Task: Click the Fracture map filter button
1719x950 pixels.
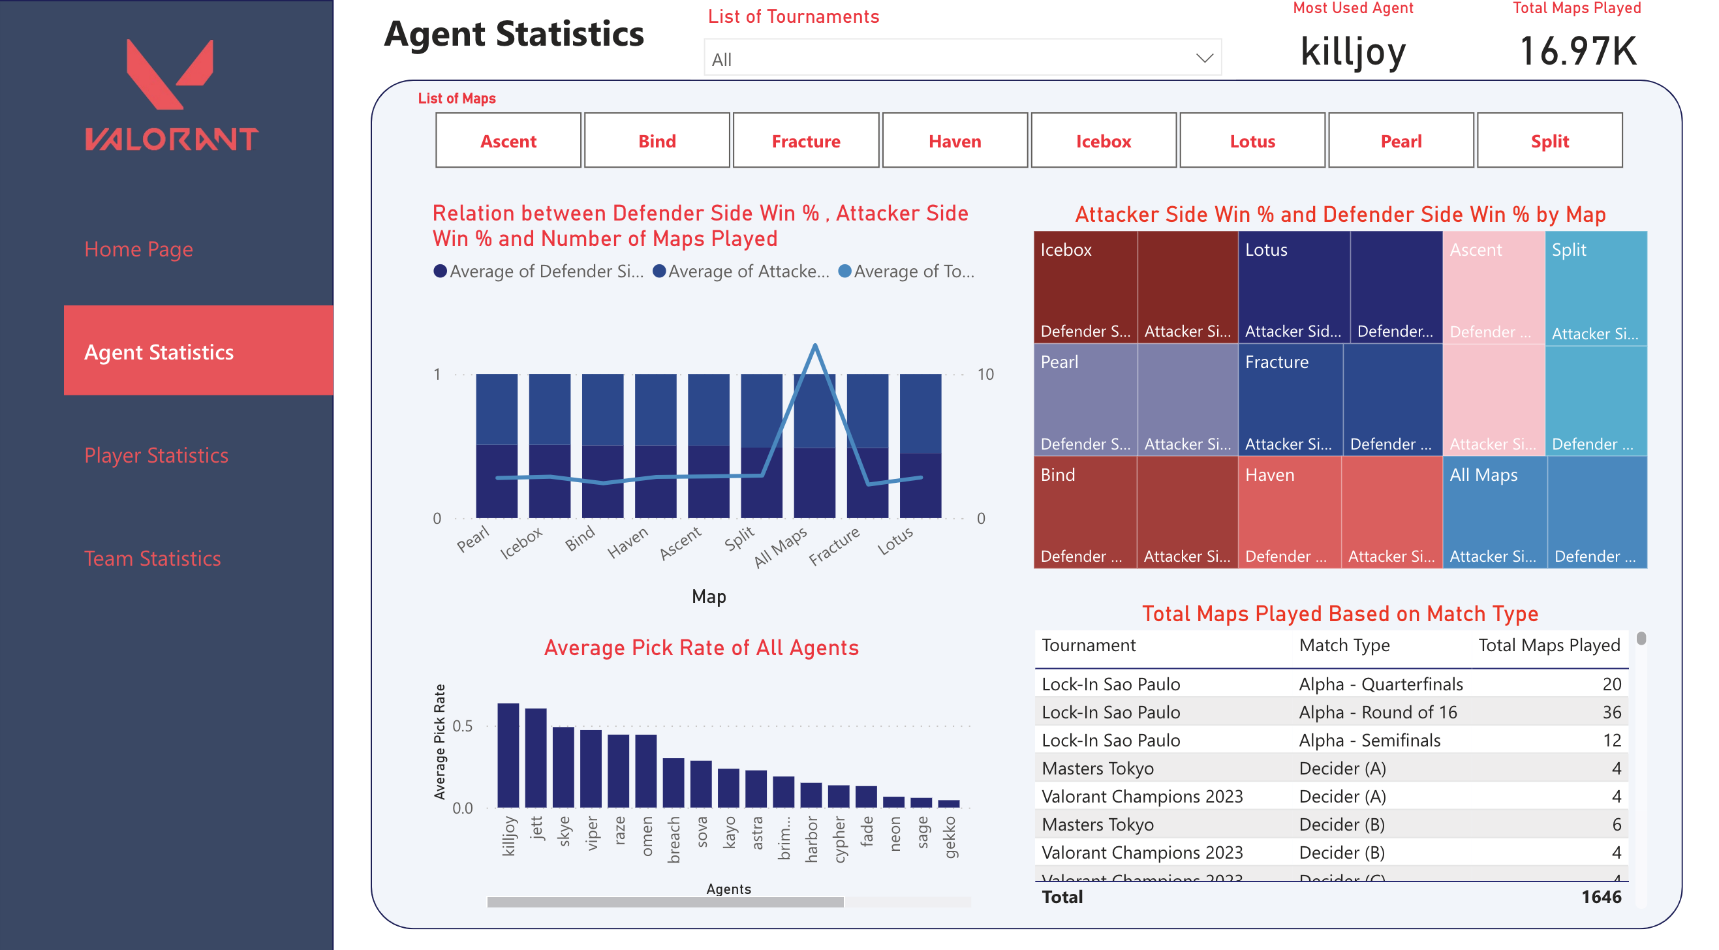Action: point(805,141)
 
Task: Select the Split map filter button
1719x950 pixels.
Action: point(1549,141)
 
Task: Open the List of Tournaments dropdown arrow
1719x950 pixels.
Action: point(1204,58)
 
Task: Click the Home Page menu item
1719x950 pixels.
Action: point(138,249)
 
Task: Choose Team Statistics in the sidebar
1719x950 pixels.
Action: point(152,558)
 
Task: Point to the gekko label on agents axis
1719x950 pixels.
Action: point(950,836)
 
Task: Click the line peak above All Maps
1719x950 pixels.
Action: point(814,346)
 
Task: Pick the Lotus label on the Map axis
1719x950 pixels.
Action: point(895,541)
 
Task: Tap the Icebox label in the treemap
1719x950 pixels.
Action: point(1066,250)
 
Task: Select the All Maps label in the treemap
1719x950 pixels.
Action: point(1483,475)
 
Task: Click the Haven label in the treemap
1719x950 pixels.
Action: point(1269,475)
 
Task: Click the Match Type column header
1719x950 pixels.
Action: point(1344,645)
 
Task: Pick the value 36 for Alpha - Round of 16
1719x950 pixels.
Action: point(1611,712)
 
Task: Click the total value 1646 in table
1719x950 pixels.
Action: point(1600,896)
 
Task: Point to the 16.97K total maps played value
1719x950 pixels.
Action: point(1577,52)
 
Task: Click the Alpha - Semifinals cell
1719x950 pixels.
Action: point(1369,741)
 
